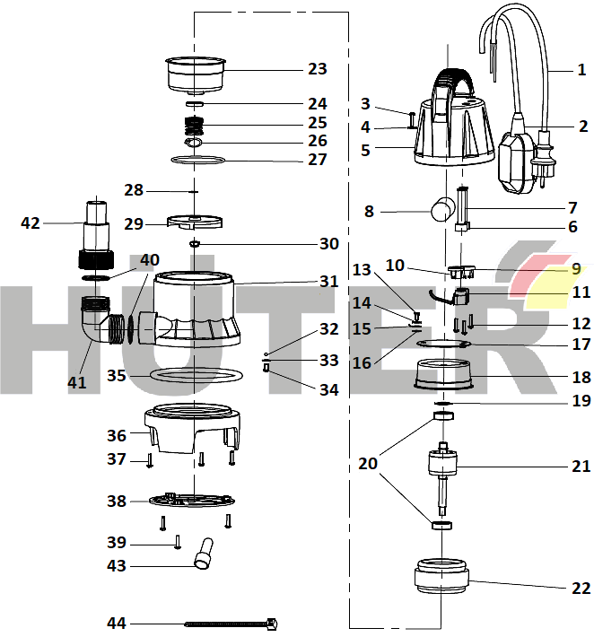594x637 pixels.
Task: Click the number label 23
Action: [317, 69]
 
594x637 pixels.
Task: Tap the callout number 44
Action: [117, 622]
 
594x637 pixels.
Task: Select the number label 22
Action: [581, 588]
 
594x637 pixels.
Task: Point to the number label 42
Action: [31, 223]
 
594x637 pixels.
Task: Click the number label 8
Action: [368, 212]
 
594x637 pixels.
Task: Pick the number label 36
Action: [117, 435]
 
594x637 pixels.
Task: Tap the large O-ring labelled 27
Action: [197, 160]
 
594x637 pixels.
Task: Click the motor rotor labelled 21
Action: [442, 467]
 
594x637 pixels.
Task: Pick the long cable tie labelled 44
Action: [229, 623]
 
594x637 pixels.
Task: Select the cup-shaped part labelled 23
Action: [195, 73]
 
